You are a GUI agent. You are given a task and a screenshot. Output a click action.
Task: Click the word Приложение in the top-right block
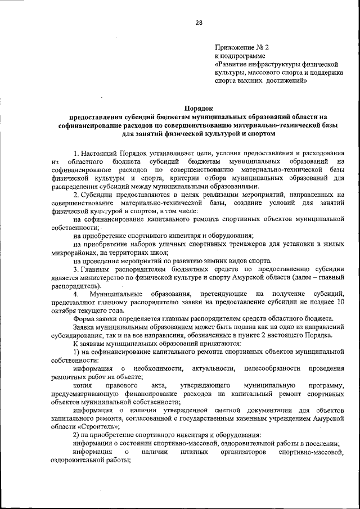pos(232,48)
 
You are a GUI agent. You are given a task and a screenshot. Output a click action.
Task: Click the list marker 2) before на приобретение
pos(77,435)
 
